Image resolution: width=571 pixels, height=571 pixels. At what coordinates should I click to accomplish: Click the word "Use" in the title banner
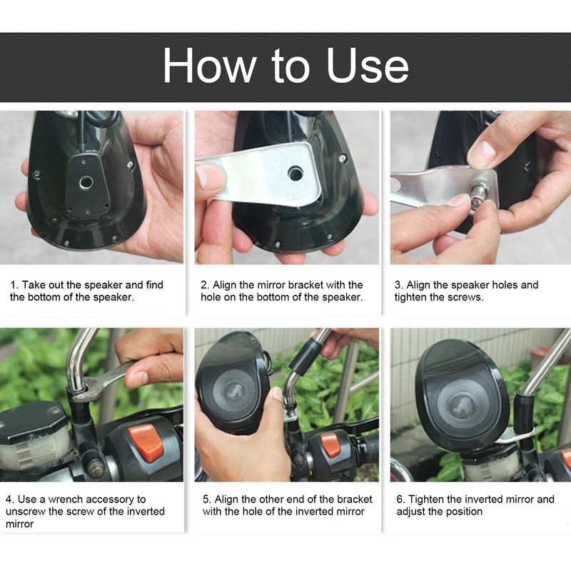coord(368,66)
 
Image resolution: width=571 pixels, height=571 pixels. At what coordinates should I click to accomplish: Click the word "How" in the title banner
coord(210,66)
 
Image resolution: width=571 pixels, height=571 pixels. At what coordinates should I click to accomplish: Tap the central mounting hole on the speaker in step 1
coord(86,182)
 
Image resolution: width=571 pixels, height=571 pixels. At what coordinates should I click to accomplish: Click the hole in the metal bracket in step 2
coord(295,173)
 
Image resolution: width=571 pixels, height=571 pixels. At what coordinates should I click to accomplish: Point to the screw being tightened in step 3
coord(475,192)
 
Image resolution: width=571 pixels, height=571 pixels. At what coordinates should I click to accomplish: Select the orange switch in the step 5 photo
coord(330,445)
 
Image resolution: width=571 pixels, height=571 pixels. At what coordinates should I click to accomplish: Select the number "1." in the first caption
coord(14,285)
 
